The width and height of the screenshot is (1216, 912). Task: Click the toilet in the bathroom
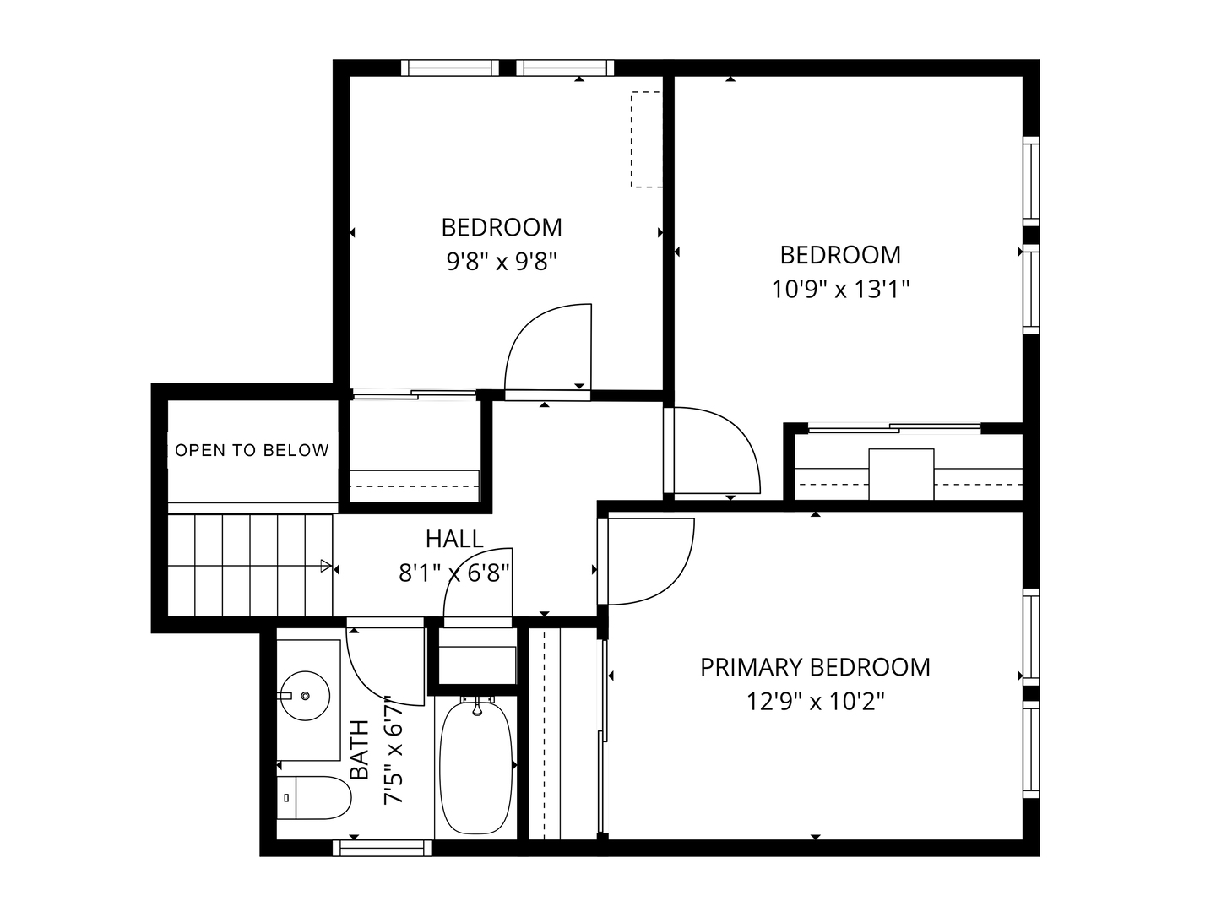click(x=313, y=797)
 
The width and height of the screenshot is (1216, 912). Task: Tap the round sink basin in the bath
click(x=305, y=696)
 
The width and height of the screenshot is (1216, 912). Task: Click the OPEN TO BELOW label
click(x=252, y=450)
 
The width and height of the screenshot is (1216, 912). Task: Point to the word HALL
click(x=454, y=539)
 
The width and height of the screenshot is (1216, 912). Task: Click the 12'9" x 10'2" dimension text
click(x=816, y=702)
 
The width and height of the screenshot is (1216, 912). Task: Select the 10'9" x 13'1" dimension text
click(x=840, y=289)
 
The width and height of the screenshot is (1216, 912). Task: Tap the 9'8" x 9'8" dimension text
click(x=502, y=261)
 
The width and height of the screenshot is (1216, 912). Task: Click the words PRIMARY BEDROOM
click(x=815, y=667)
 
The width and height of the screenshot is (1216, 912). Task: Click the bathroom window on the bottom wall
click(x=382, y=848)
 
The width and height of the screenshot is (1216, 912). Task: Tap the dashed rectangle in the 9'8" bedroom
click(x=647, y=139)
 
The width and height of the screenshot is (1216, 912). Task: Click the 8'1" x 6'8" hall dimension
click(x=454, y=573)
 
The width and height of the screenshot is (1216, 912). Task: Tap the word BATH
click(x=360, y=749)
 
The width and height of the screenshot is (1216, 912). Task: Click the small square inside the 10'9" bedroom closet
click(x=901, y=474)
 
